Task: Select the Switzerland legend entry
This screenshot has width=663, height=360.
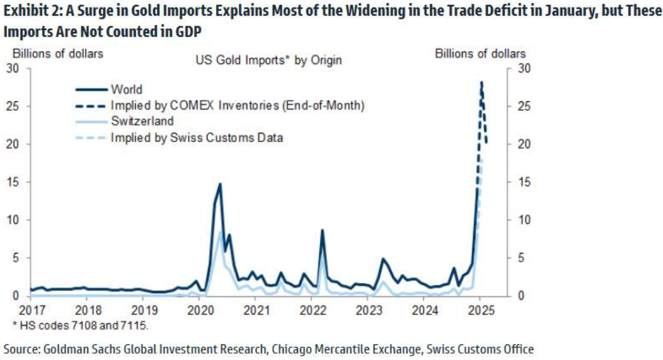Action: (x=142, y=121)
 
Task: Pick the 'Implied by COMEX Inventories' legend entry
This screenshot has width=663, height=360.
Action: (x=237, y=105)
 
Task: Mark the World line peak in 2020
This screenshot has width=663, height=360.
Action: (x=220, y=184)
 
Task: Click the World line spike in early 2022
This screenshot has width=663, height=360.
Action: (x=322, y=230)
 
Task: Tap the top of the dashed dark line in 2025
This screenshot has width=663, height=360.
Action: (x=481, y=82)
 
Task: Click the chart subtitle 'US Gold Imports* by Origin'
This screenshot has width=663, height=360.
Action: (x=269, y=60)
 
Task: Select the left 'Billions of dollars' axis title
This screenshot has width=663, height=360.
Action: (x=66, y=54)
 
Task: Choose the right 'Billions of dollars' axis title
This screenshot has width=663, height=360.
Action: (x=480, y=54)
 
